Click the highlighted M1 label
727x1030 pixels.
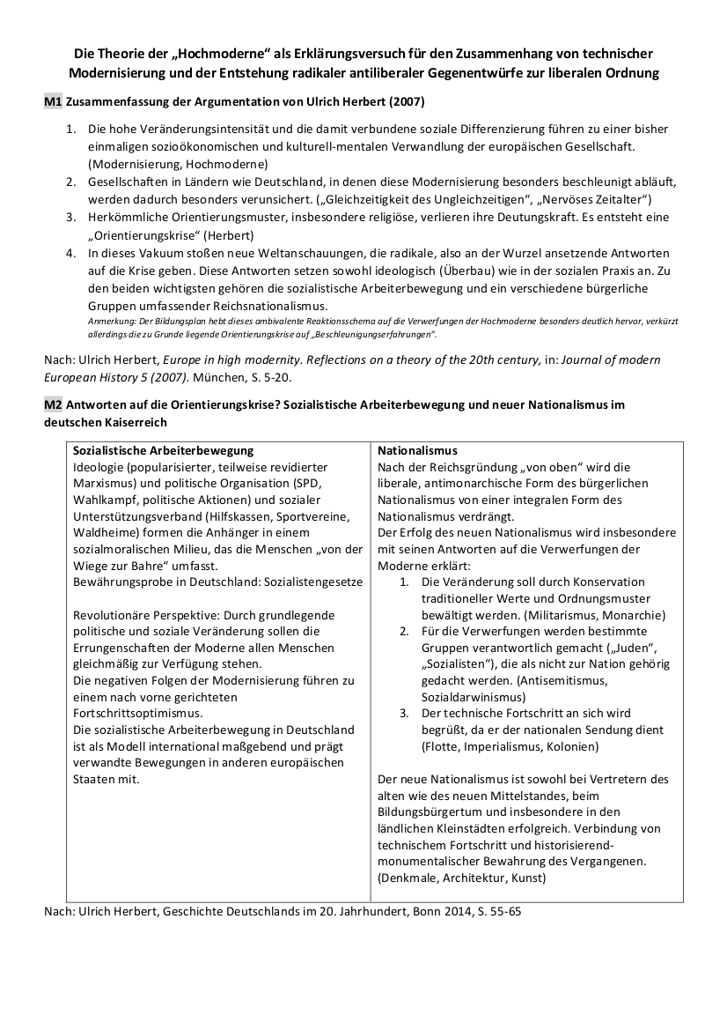(53, 102)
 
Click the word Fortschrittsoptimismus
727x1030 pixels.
(138, 713)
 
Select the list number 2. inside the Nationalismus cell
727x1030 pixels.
(404, 632)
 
